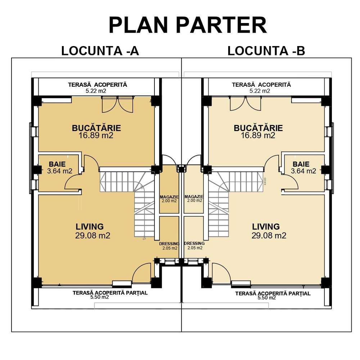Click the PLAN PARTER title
coord(188,25)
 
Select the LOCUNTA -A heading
coord(100,51)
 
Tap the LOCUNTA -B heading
coord(266,51)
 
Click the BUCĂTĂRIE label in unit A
coord(96,128)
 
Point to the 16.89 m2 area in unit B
coord(258,136)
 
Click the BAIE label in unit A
coord(58,164)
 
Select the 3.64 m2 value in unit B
coord(303,171)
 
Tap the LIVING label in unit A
coord(90,226)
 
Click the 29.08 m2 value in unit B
coord(269,236)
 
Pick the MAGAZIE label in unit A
coord(169,197)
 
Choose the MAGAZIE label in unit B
coord(194,197)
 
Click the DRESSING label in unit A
coord(169,244)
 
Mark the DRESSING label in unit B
coord(194,244)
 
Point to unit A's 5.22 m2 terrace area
coord(96,91)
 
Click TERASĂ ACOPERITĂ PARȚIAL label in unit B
coord(273,293)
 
